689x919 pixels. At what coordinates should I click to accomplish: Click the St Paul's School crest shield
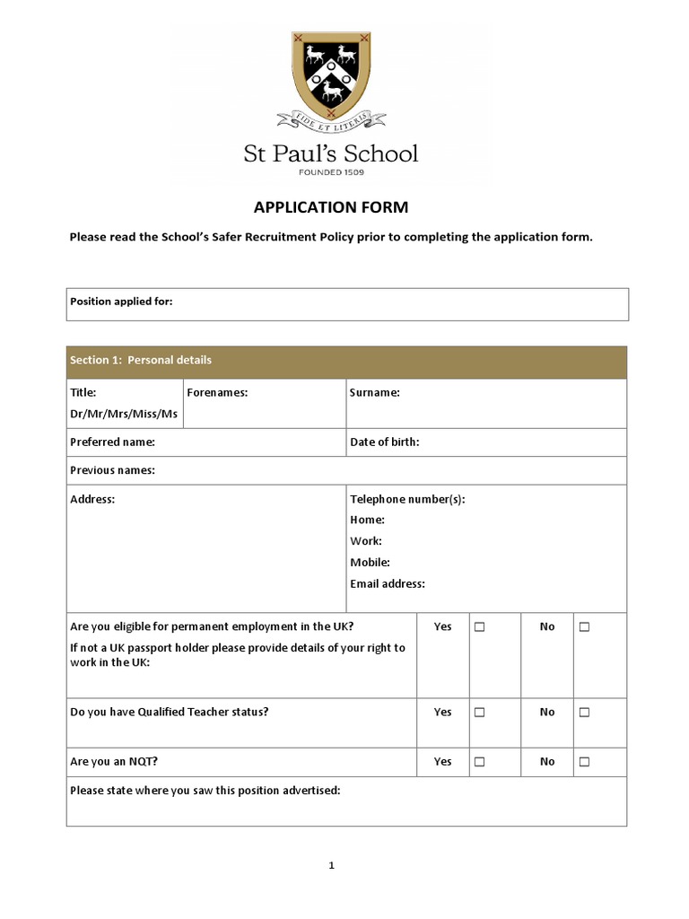(330, 72)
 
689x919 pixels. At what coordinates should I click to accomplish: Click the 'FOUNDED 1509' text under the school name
(330, 171)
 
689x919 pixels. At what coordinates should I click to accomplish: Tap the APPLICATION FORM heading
(330, 207)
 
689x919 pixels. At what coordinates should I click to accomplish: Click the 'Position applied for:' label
(121, 302)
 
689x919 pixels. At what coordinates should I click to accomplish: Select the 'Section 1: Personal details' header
(141, 360)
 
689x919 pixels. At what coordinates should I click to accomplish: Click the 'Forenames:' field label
(217, 392)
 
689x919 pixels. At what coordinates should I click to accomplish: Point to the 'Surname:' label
(375, 392)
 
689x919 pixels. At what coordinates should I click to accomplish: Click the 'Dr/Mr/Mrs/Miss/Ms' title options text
(124, 414)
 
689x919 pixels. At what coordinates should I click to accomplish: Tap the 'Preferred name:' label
(113, 442)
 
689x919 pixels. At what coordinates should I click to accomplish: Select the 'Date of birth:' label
(385, 442)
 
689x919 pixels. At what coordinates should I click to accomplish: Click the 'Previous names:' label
(113, 470)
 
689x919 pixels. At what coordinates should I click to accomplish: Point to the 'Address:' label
(92, 499)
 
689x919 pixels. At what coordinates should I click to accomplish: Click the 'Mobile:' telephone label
(370, 563)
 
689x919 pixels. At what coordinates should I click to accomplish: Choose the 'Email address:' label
(388, 583)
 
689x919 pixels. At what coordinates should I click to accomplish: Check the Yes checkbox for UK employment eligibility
(479, 627)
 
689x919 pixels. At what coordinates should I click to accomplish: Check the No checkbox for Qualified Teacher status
(584, 713)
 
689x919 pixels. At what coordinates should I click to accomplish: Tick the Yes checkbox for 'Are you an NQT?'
(479, 762)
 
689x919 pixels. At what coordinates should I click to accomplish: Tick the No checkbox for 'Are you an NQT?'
(584, 762)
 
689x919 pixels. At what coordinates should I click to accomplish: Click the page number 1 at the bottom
(331, 865)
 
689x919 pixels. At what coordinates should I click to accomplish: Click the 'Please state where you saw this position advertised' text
(205, 791)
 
